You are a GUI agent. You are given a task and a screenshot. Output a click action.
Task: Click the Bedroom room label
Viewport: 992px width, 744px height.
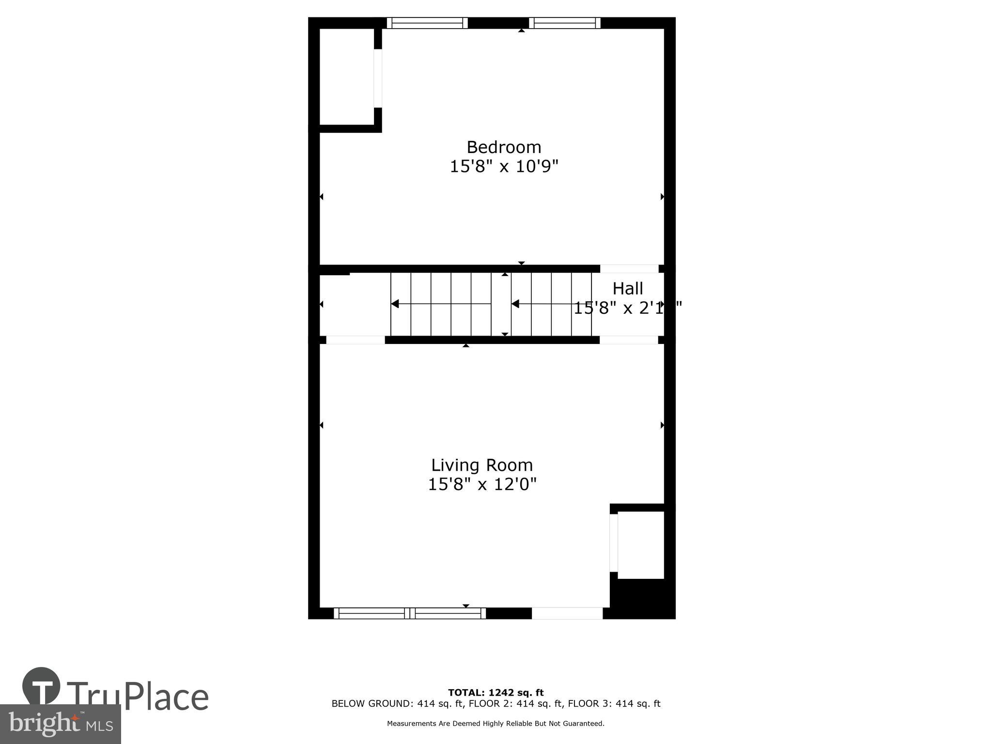click(504, 147)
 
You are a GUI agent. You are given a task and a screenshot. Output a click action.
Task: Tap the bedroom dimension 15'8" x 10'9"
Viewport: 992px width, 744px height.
click(504, 167)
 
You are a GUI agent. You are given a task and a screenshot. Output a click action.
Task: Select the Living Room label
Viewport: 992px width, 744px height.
click(482, 465)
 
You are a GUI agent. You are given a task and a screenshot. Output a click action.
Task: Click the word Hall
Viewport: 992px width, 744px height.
click(628, 289)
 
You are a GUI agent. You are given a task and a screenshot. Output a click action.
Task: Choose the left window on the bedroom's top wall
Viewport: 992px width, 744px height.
click(427, 23)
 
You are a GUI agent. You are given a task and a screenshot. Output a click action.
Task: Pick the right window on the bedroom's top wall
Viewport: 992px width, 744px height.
click(564, 23)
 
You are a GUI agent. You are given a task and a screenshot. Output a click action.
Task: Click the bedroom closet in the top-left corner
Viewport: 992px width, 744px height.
click(346, 77)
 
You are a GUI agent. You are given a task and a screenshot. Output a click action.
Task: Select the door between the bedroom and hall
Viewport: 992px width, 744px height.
click(629, 269)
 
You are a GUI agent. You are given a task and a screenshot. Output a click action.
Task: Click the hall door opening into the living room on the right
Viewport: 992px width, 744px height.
click(629, 340)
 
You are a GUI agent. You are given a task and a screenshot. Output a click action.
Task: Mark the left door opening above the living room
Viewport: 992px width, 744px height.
click(356, 340)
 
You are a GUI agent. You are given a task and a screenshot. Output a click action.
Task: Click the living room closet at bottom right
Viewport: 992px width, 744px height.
click(640, 545)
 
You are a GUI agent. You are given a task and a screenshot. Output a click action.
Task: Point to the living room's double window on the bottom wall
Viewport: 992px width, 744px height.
click(410, 613)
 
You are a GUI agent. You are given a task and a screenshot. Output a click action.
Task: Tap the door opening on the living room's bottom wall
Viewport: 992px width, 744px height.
click(567, 613)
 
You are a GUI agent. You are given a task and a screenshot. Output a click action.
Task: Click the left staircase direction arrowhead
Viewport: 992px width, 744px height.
click(395, 304)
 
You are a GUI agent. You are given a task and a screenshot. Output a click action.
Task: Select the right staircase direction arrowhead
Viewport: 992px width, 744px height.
click(515, 304)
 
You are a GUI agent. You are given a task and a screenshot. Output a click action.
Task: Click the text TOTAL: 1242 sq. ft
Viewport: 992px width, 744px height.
click(496, 693)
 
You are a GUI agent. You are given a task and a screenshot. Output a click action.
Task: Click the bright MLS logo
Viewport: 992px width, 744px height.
click(60, 724)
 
